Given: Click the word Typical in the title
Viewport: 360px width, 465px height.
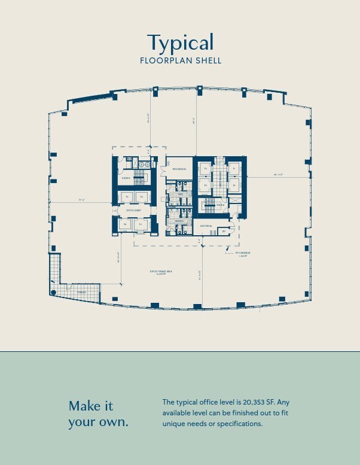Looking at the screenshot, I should (x=180, y=42).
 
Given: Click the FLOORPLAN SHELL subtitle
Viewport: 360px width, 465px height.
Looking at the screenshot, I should (x=180, y=60).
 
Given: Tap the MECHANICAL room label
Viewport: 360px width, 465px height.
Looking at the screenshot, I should (x=179, y=169).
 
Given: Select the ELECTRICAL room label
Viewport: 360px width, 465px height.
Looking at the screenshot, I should (x=206, y=226).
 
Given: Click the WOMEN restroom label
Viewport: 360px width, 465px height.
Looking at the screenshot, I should (x=179, y=221).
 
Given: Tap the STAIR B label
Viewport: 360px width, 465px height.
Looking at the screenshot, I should (x=126, y=178).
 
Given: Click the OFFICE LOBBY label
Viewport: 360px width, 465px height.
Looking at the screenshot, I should (x=133, y=210).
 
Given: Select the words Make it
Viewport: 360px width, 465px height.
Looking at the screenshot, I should (x=91, y=406).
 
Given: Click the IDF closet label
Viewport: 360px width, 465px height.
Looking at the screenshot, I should (x=224, y=230).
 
